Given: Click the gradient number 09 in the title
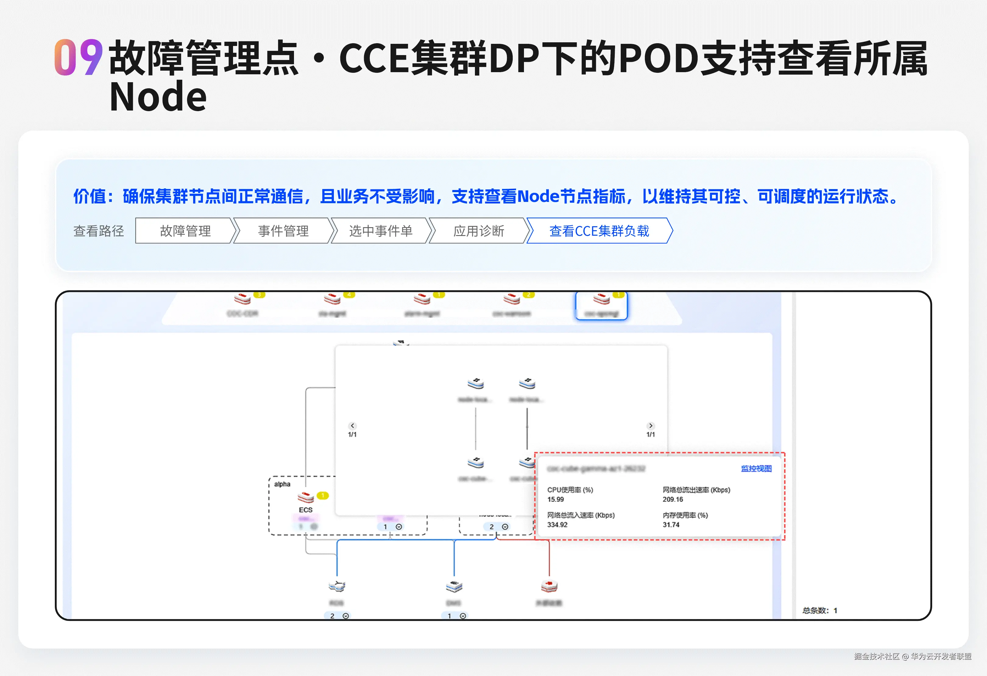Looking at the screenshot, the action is click(79, 57).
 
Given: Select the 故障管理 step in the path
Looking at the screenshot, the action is click(185, 231).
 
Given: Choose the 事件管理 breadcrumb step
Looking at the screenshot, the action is click(283, 231).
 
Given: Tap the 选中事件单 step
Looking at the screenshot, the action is click(380, 231).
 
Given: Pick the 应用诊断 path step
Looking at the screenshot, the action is click(479, 231).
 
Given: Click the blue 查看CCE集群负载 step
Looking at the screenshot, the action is click(599, 231).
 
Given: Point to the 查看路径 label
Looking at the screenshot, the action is click(98, 231).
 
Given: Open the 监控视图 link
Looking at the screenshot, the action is click(756, 468).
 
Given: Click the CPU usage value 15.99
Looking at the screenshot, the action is click(556, 499).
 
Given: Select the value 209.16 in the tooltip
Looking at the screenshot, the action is click(673, 499).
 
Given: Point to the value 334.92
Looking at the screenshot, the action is click(557, 525).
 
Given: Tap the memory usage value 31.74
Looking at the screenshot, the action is click(671, 525).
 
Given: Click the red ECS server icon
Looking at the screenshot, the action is click(305, 496).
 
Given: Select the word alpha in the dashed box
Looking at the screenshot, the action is click(282, 484).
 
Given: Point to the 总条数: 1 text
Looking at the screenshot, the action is click(820, 611).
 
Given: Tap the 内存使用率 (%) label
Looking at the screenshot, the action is click(685, 515).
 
